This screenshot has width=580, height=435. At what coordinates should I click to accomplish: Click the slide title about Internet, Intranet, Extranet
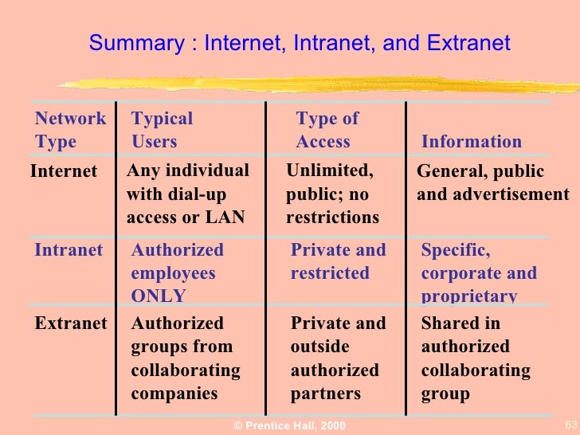coord(299,43)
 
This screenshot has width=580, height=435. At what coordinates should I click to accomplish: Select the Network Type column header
coord(70,131)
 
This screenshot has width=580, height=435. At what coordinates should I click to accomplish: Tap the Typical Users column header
coord(162,131)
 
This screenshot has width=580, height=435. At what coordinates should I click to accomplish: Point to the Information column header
coord(471,142)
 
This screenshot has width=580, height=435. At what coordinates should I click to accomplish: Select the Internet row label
coord(64,171)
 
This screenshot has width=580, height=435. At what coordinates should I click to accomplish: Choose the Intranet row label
coord(69,250)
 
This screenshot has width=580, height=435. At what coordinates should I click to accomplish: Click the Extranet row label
coord(70,323)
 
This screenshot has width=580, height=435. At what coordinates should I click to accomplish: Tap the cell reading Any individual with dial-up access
coord(188,194)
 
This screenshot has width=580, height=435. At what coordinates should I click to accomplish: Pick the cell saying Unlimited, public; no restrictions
coord(333,194)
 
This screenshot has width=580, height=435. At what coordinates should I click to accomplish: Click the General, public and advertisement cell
coord(492,182)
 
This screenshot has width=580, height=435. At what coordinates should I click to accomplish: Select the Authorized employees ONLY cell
coord(178,273)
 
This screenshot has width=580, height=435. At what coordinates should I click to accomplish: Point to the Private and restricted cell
coord(338,261)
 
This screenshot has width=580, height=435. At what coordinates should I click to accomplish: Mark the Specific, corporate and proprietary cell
coord(479,273)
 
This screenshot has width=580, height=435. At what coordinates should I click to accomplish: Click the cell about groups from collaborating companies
coord(186,359)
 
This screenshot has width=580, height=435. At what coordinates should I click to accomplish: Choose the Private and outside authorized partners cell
coord(338,359)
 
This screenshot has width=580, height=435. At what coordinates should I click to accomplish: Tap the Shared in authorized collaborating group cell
coord(476,359)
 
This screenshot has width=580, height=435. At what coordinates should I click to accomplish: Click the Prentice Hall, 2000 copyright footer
coord(289,426)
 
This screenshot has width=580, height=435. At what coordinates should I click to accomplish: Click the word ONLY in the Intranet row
coord(159,296)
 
